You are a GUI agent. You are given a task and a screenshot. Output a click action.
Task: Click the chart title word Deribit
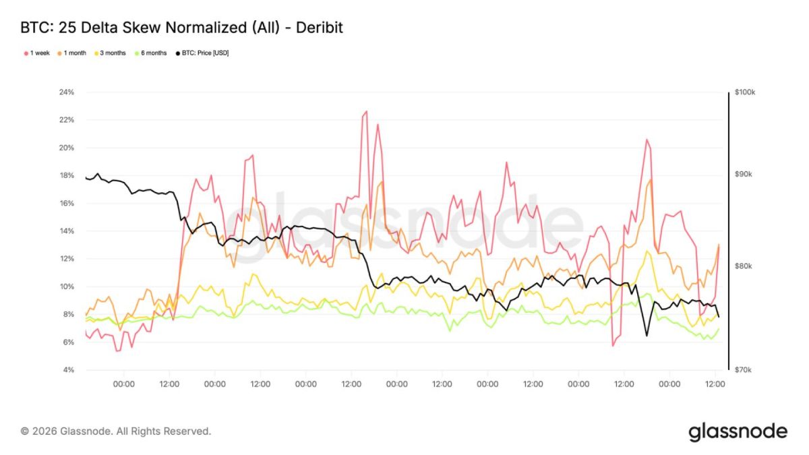(x=320, y=28)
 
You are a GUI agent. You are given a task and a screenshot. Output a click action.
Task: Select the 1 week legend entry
(x=37, y=53)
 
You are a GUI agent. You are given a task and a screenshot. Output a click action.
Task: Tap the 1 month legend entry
(x=72, y=53)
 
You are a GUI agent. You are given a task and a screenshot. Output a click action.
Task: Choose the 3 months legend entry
(x=110, y=53)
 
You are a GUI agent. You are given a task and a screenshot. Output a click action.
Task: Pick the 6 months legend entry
(x=151, y=53)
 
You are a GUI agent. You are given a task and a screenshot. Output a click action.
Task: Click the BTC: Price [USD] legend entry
(x=202, y=53)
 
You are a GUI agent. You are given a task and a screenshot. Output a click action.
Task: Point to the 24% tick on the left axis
(x=67, y=92)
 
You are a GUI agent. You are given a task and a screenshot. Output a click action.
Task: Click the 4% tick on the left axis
(x=68, y=370)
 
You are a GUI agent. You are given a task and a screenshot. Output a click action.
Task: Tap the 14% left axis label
(x=67, y=231)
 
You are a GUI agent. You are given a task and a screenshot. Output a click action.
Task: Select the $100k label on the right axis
(x=745, y=92)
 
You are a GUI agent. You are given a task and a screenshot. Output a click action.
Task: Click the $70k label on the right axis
(x=743, y=370)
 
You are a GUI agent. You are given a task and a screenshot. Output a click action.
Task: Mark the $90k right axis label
(x=743, y=175)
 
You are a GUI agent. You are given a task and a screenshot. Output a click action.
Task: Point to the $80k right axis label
(x=743, y=266)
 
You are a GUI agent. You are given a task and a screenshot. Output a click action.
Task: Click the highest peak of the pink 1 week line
(x=367, y=111)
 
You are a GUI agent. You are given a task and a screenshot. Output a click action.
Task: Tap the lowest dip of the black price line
(x=647, y=336)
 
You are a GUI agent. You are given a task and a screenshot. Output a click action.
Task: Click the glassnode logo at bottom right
(x=738, y=432)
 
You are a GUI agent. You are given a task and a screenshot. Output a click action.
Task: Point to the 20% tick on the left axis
(x=67, y=148)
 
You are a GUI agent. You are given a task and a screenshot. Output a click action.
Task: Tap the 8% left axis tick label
(x=68, y=314)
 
